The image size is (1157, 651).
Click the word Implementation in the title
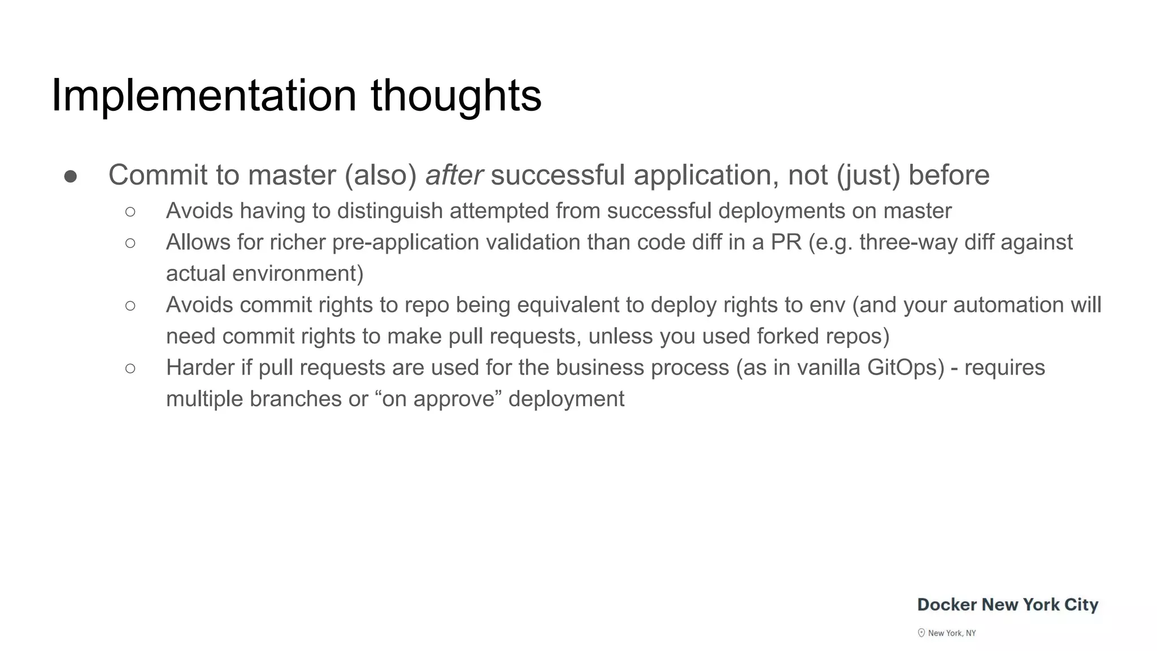coord(203,96)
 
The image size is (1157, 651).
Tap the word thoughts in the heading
coord(456,96)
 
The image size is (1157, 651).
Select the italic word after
coord(454,175)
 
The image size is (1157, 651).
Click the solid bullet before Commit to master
coord(71,176)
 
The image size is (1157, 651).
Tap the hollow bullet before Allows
coord(130,243)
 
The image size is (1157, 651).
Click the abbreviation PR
coord(786,242)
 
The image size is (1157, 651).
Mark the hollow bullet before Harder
coord(130,368)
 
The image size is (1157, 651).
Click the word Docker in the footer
coord(947,605)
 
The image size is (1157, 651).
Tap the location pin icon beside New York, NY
coord(921,633)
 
